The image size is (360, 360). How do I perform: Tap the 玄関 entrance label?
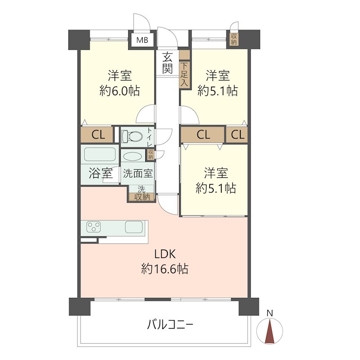coord(167,63)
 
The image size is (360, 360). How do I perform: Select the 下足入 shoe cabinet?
coord(184,74)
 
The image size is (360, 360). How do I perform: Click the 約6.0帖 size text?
coord(119,91)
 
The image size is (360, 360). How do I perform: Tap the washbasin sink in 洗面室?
coord(133,157)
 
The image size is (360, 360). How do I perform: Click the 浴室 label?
coord(100,173)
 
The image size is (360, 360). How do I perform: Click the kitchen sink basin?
coord(134,227)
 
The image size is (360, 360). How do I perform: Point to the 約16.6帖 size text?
coord(164,269)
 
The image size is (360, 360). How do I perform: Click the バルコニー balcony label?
coord(170,324)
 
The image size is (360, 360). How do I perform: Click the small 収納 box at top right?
coord(234,39)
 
